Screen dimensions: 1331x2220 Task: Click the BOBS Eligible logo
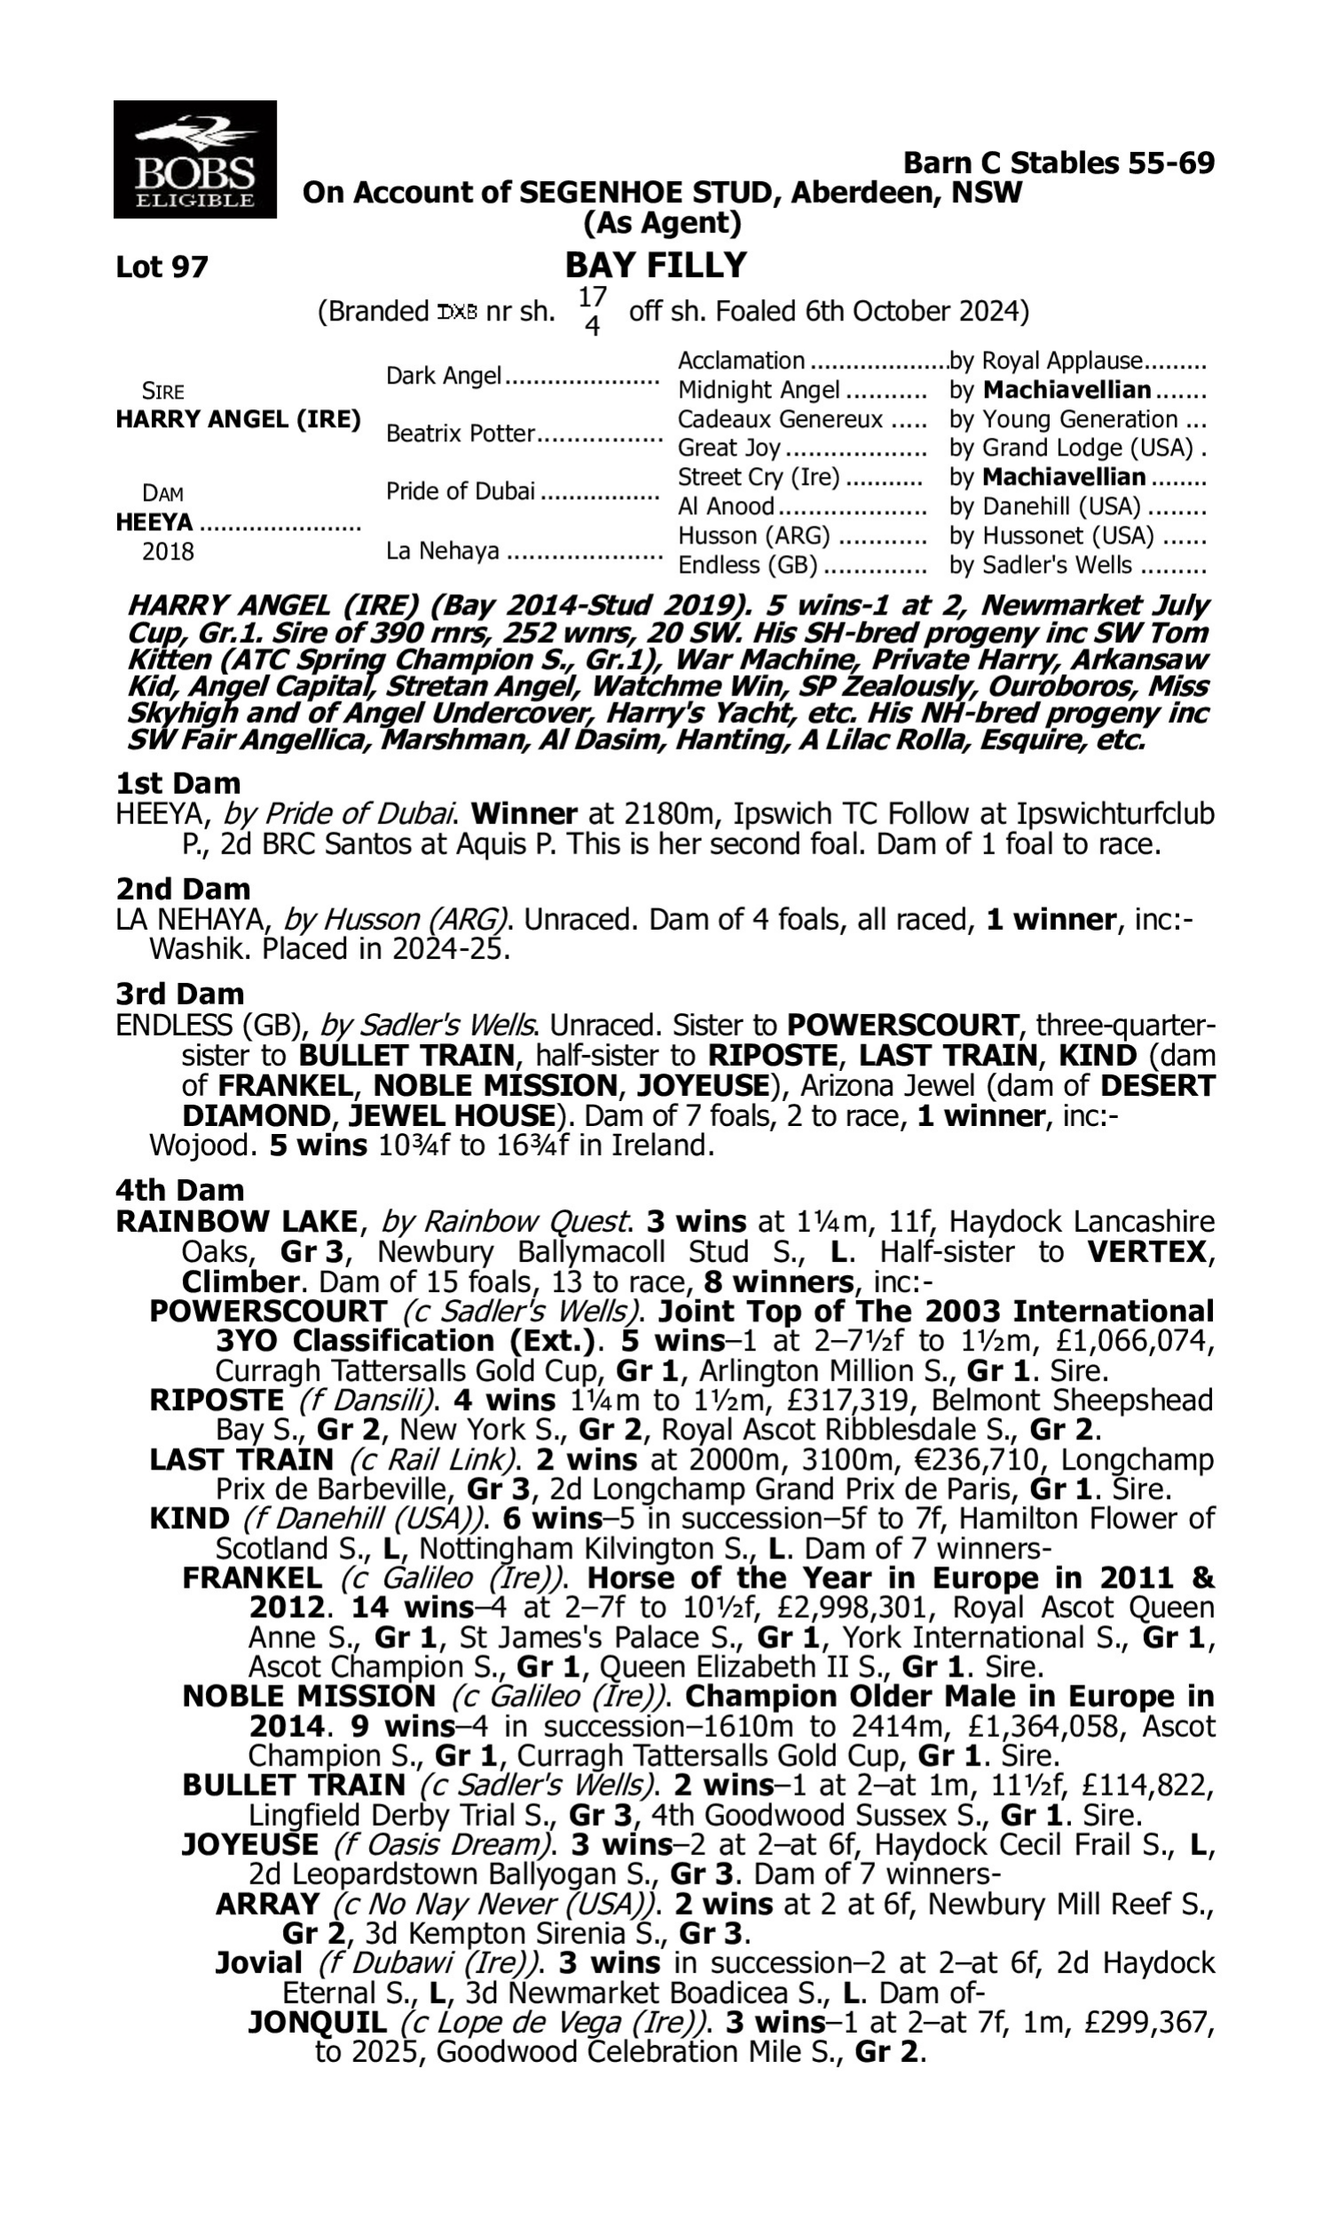point(194,160)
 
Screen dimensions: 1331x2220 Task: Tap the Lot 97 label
point(161,266)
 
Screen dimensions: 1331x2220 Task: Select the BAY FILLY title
point(656,265)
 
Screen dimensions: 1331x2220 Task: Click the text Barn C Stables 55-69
point(1059,163)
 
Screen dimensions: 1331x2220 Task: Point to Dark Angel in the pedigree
point(443,375)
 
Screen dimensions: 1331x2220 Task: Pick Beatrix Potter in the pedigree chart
point(461,433)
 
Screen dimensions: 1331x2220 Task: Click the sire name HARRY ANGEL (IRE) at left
point(238,419)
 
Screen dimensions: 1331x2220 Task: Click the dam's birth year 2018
point(168,551)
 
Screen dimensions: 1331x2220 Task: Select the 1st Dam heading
point(177,783)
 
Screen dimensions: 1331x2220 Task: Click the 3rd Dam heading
point(179,994)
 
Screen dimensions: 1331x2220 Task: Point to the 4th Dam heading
point(179,1190)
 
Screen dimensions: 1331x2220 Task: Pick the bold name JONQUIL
point(318,2022)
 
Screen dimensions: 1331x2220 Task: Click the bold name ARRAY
point(267,1903)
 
